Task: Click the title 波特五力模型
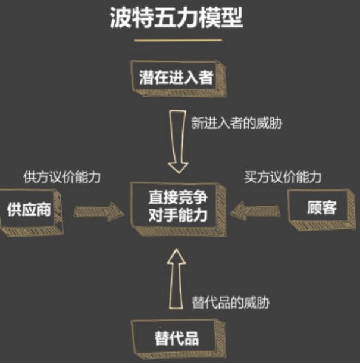tap(176, 18)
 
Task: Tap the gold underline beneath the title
tap(178, 40)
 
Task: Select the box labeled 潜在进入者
tap(178, 79)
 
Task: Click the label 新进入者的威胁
tap(236, 123)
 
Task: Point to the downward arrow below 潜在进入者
tap(178, 142)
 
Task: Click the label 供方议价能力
tap(62, 178)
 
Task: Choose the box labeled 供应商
tap(32, 212)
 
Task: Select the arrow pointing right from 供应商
tap(99, 211)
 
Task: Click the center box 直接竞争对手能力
tap(178, 209)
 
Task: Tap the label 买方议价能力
tap(283, 178)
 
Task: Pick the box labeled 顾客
tap(322, 210)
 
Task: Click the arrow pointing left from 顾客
tap(255, 211)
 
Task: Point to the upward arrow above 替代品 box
tap(176, 279)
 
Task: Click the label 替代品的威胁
tap(230, 303)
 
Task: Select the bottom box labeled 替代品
tap(178, 339)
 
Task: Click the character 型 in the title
tap(232, 18)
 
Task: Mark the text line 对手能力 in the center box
tap(178, 216)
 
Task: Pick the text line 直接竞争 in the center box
tap(178, 198)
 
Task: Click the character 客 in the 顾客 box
tap(329, 207)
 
